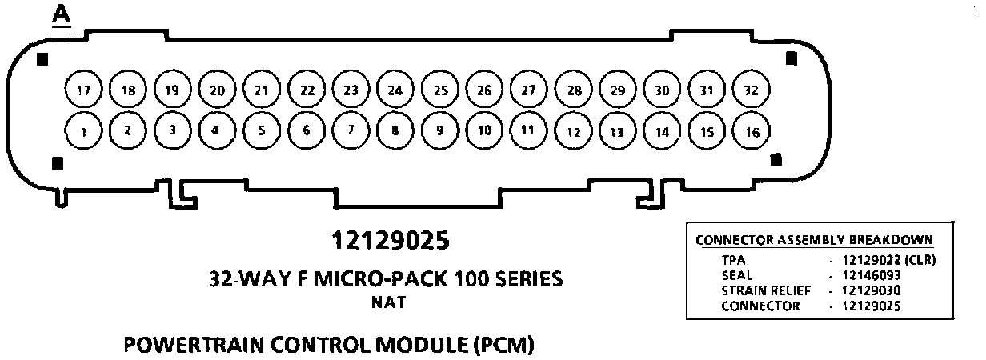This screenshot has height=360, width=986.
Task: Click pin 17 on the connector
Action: coord(82,90)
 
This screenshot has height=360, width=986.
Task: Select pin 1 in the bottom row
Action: coord(82,131)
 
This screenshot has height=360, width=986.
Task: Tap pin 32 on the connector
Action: coord(751,90)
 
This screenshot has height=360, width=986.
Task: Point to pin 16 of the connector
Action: coord(751,132)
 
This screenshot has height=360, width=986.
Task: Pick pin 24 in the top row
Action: coord(394,90)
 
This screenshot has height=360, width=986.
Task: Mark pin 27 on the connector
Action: coord(527,90)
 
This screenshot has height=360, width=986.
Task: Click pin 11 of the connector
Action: coord(527,130)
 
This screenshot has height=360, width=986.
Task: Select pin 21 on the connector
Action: coord(260,90)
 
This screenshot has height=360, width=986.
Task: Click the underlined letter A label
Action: coord(61,15)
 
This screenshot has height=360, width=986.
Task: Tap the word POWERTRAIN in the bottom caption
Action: coord(188,346)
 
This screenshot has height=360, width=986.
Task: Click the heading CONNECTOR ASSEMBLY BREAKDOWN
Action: coord(813,240)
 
